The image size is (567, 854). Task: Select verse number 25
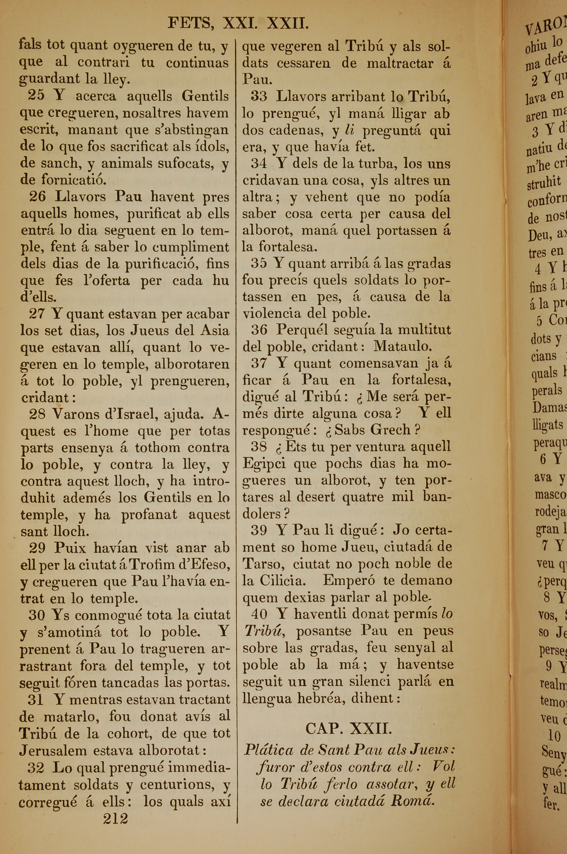coord(37,96)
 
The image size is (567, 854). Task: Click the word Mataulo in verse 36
coord(402,346)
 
